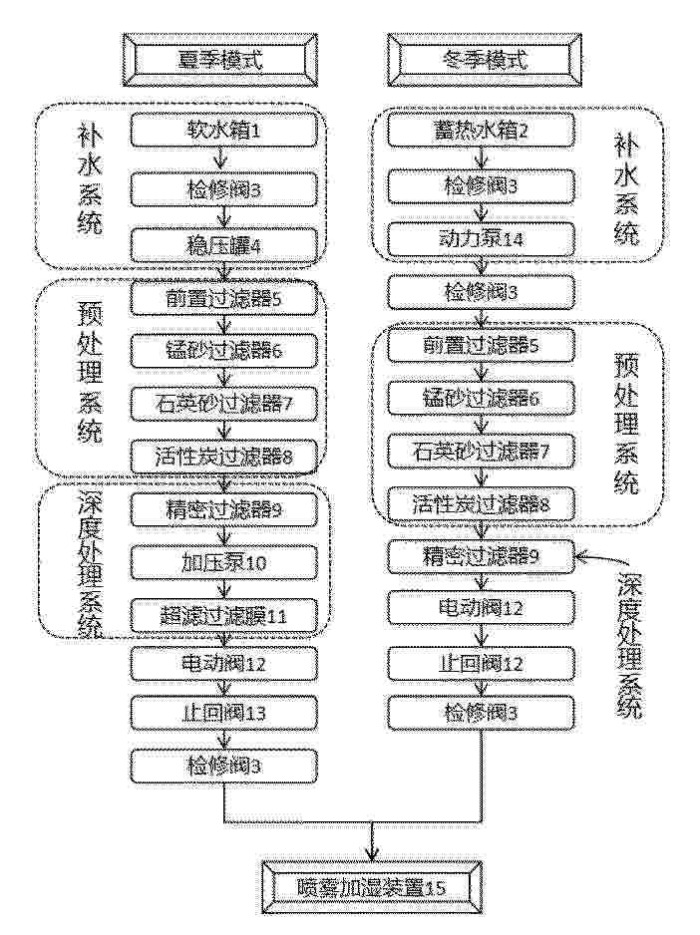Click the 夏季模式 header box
[220, 60]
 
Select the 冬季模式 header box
[485, 60]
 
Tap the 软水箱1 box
[223, 131]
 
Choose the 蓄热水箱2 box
[481, 131]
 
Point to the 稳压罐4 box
[223, 245]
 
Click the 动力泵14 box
[481, 239]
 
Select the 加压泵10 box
[223, 562]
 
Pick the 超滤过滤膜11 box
[223, 615]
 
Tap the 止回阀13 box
[223, 713]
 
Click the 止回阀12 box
[481, 663]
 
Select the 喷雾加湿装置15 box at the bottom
[371, 887]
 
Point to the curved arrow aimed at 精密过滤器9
[602, 560]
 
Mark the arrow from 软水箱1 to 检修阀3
[222, 159]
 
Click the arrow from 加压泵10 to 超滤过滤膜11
[223, 589]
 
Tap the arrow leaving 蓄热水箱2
[481, 157]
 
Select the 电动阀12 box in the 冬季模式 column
[481, 608]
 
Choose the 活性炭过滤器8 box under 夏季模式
[223, 457]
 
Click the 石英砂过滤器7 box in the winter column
[481, 451]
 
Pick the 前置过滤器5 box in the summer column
[223, 299]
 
